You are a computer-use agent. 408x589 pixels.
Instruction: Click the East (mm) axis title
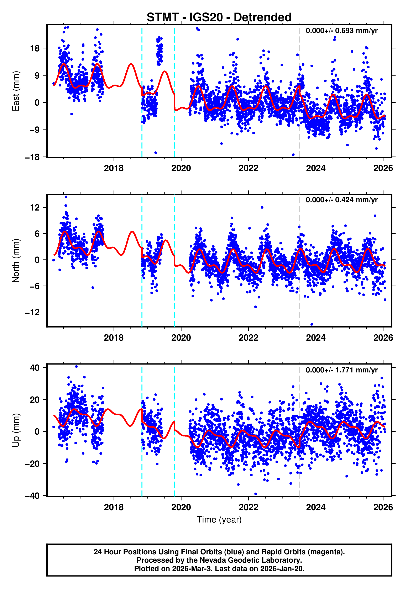click(16, 91)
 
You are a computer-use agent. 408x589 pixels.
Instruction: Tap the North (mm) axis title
click(16, 261)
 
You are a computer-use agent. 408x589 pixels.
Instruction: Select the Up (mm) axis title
click(16, 430)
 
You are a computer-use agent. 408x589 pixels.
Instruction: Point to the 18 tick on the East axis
click(35, 48)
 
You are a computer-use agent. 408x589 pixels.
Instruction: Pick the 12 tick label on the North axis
click(35, 207)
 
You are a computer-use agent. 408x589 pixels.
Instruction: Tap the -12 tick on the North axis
click(32, 312)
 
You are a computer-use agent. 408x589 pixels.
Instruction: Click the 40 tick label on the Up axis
click(35, 368)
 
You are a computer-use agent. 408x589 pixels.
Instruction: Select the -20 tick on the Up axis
click(32, 464)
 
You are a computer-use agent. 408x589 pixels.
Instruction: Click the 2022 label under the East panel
click(248, 168)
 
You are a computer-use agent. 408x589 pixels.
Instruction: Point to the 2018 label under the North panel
click(114, 338)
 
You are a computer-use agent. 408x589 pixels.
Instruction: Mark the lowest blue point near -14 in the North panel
click(312, 324)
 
